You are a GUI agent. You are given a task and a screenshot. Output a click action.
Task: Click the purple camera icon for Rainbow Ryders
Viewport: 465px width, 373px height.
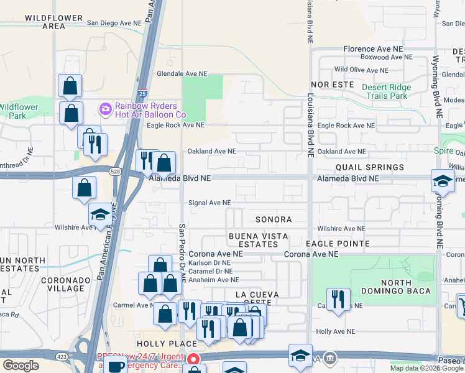(105, 109)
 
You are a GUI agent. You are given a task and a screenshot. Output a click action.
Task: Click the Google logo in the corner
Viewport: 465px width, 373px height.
(21, 366)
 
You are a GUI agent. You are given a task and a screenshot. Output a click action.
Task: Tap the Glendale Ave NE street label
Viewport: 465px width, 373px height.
(182, 73)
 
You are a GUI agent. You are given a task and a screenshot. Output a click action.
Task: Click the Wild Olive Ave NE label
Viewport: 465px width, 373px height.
(361, 70)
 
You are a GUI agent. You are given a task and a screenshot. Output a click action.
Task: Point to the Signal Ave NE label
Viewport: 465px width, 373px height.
(209, 203)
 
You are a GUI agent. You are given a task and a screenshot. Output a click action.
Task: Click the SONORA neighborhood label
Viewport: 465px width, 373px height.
(274, 219)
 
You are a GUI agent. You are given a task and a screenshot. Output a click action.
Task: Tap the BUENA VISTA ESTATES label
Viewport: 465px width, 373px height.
(253, 240)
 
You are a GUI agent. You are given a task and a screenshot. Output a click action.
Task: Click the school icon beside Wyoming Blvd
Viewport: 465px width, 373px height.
(442, 182)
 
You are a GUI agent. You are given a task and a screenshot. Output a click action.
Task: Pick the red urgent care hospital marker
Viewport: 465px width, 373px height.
(193, 359)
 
